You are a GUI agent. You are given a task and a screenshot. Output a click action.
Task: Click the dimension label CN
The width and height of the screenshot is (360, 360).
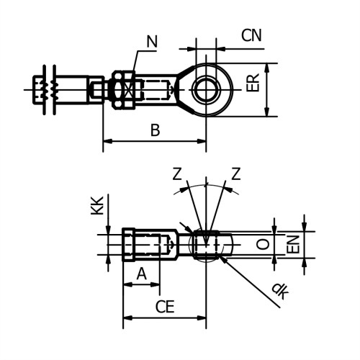pyautogui.click(x=252, y=34)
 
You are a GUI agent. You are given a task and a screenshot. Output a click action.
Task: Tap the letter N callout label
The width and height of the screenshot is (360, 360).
pyautogui.click(x=152, y=42)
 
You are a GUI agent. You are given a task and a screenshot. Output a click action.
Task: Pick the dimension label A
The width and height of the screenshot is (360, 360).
pyautogui.click(x=141, y=273)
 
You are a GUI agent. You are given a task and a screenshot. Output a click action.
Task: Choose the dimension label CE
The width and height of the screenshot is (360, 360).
pyautogui.click(x=166, y=307)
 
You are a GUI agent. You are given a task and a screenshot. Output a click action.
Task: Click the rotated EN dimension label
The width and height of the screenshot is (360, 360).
pyautogui.click(x=294, y=245)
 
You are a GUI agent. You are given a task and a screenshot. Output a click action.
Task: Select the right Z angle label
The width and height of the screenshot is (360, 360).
pyautogui.click(x=235, y=174)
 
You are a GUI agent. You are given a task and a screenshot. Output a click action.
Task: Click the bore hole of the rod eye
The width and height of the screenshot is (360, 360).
pyautogui.click(x=205, y=89)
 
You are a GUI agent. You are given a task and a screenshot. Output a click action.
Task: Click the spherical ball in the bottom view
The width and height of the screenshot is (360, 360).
pyautogui.click(x=207, y=244)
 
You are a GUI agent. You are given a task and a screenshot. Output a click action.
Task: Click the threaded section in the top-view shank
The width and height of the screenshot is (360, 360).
pyautogui.click(x=156, y=89)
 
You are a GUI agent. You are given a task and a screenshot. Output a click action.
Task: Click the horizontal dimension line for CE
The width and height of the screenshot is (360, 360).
pyautogui.click(x=165, y=318)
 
